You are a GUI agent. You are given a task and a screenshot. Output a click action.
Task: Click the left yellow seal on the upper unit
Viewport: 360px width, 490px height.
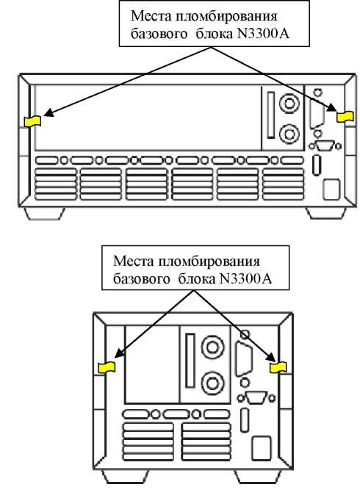(x=33, y=121)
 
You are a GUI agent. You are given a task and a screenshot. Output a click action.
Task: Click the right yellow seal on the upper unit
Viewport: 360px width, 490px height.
(x=345, y=117)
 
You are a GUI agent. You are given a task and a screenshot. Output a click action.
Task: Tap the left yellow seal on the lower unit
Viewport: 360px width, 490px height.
(x=107, y=367)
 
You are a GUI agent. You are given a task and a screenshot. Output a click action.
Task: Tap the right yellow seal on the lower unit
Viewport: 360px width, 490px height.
(x=278, y=367)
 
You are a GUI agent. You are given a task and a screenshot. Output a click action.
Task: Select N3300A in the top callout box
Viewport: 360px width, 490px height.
(x=264, y=34)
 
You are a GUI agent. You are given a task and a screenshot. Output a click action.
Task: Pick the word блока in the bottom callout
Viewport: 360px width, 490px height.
(x=197, y=278)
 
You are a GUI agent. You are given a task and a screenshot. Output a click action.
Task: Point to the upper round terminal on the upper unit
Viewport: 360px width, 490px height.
(x=289, y=103)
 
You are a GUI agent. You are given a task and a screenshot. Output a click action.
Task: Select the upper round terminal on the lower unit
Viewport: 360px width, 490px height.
(x=212, y=347)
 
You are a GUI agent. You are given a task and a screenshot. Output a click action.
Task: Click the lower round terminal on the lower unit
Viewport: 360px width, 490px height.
(x=212, y=383)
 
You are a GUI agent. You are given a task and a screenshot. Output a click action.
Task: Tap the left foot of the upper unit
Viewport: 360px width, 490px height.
(x=44, y=213)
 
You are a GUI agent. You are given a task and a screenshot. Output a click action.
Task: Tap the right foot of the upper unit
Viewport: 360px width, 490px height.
(x=325, y=213)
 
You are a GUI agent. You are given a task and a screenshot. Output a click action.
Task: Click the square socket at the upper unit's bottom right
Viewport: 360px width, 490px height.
(x=331, y=190)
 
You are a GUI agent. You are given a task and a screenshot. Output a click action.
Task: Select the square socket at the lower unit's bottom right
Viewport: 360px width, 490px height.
(x=262, y=448)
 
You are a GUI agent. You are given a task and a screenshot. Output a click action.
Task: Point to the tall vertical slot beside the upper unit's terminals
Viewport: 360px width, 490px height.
(x=271, y=115)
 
